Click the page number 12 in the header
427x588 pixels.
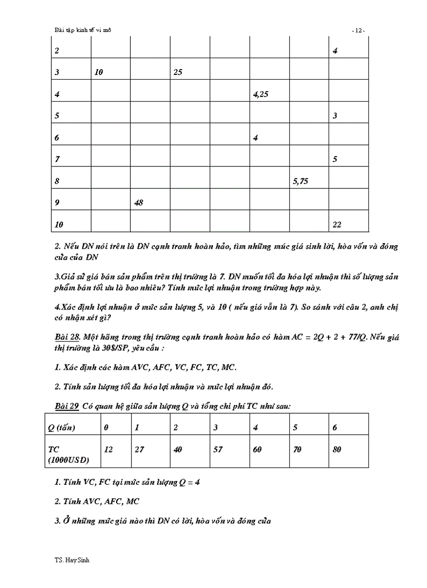[358, 30]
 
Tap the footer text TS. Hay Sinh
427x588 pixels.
[68, 560]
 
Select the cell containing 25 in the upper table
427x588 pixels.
[178, 73]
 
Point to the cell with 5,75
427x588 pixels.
[300, 181]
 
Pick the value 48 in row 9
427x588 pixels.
[139, 203]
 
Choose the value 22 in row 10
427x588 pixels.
[337, 225]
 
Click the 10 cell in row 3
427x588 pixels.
[99, 73]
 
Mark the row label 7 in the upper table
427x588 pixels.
[57, 159]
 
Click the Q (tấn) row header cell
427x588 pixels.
[62, 428]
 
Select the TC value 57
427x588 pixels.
[218, 449]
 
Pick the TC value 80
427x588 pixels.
[336, 449]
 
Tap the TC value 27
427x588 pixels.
[139, 449]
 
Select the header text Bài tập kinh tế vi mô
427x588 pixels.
[83, 30]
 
